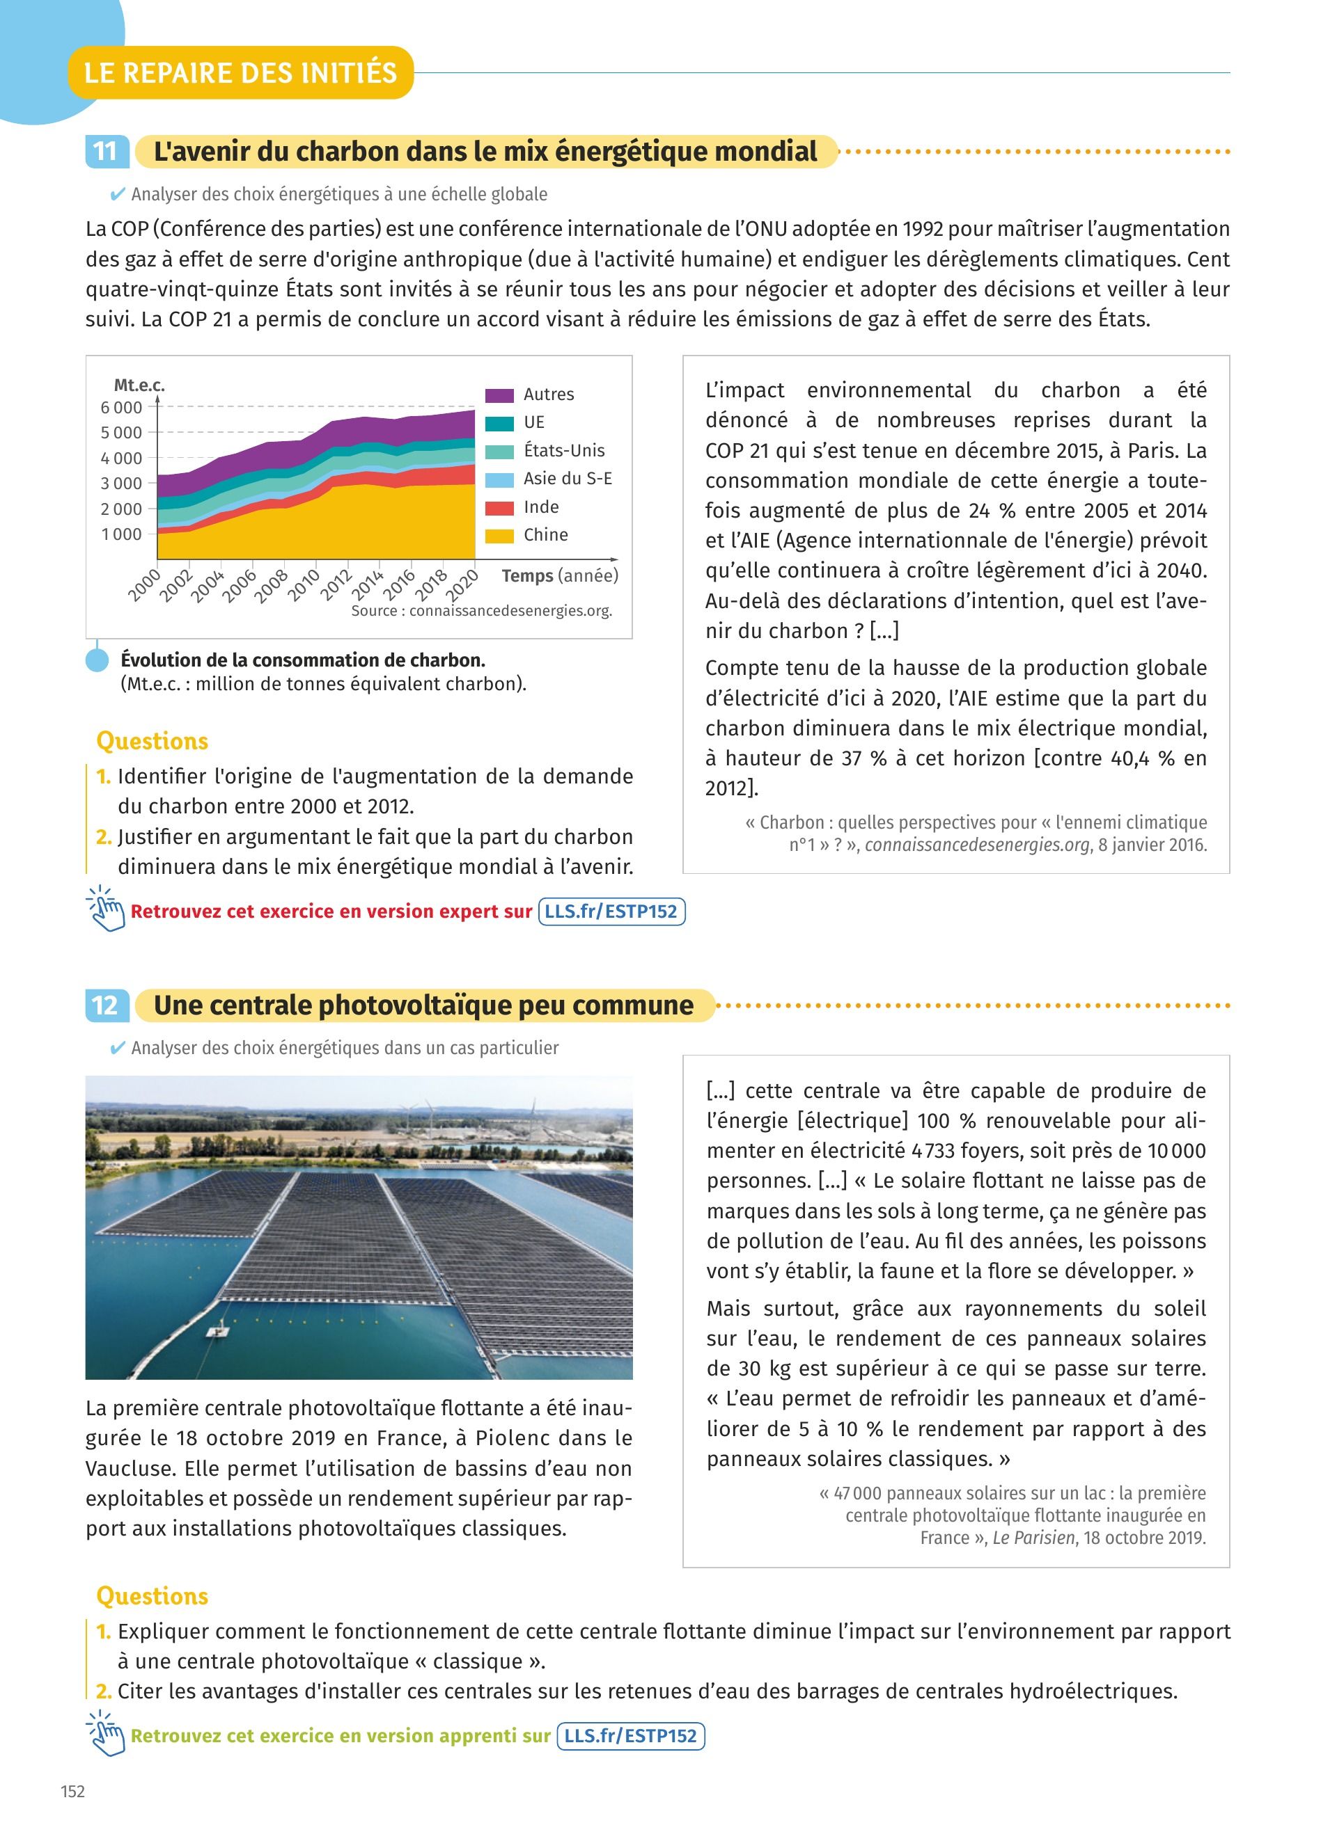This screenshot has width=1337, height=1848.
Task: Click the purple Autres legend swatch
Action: coord(499,395)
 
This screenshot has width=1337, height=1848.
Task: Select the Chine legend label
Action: coord(545,534)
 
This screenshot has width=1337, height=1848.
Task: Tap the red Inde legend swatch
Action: coord(499,508)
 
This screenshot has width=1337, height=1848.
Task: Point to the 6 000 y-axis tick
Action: coord(121,408)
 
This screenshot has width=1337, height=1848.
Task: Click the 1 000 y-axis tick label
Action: coord(121,534)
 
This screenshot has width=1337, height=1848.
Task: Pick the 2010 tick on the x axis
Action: coord(304,584)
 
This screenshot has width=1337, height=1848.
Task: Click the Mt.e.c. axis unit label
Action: coord(139,385)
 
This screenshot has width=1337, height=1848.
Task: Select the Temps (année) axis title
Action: coord(559,576)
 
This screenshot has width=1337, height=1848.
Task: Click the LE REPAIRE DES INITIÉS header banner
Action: coord(240,72)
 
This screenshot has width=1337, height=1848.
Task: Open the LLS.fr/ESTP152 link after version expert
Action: coord(611,911)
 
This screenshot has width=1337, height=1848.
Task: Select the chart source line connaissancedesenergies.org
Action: coord(481,611)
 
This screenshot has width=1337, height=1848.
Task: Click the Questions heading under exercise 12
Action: coord(152,1595)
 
